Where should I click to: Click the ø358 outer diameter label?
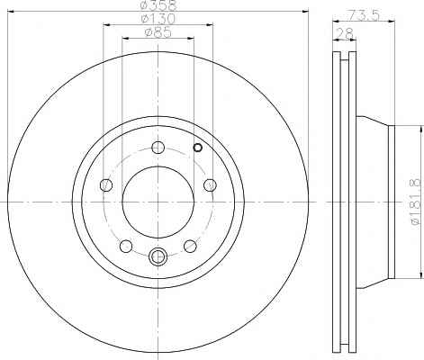point(158,4)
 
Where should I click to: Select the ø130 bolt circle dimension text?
point(158,19)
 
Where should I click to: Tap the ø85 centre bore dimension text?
point(158,32)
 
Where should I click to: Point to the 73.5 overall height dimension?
point(364,14)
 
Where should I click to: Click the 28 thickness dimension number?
point(344,33)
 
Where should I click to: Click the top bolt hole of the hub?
point(158,147)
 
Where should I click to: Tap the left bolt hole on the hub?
point(106,184)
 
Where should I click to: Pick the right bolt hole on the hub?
point(210,184)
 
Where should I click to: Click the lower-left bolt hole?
point(126,246)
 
